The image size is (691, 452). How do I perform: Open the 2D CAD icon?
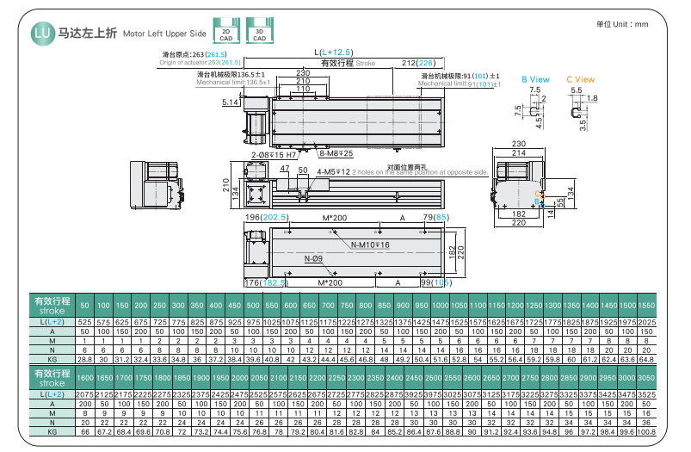click(x=225, y=34)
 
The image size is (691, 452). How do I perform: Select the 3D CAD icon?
click(x=259, y=34)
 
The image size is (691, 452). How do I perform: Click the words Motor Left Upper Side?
click(x=164, y=35)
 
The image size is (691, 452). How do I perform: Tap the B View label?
click(x=535, y=80)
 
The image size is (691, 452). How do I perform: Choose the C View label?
click(x=580, y=80)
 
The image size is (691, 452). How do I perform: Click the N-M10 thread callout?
click(x=371, y=245)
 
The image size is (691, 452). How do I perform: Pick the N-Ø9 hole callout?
click(x=313, y=259)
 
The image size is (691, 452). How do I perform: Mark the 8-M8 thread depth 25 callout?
click(x=336, y=153)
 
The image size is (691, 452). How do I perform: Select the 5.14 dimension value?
click(x=230, y=102)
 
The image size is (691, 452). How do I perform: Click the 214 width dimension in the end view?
click(x=519, y=152)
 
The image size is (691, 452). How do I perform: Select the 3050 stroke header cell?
click(x=647, y=378)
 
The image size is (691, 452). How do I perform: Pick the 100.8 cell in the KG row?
click(x=647, y=431)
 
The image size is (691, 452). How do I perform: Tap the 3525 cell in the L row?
click(x=647, y=394)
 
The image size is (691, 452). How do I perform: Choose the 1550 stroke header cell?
click(x=647, y=306)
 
